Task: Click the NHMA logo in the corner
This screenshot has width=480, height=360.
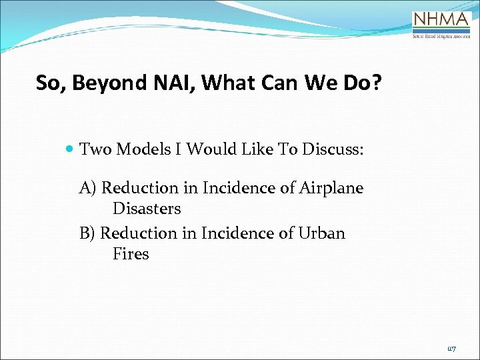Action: pos(441,26)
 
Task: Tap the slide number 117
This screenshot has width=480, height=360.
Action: pos(451,348)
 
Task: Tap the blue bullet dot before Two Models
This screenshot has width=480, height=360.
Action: pos(71,149)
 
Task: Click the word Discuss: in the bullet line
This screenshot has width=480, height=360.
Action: pos(333,149)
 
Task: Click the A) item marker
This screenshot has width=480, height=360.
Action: pos(88,188)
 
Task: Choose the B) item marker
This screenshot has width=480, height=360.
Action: pos(87,233)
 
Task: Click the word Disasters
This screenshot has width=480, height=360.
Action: pos(147,209)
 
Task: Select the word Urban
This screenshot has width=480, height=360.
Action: pos(322,233)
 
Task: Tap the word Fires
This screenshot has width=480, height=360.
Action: pos(131,254)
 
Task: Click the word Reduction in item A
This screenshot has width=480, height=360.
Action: pos(140,188)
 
